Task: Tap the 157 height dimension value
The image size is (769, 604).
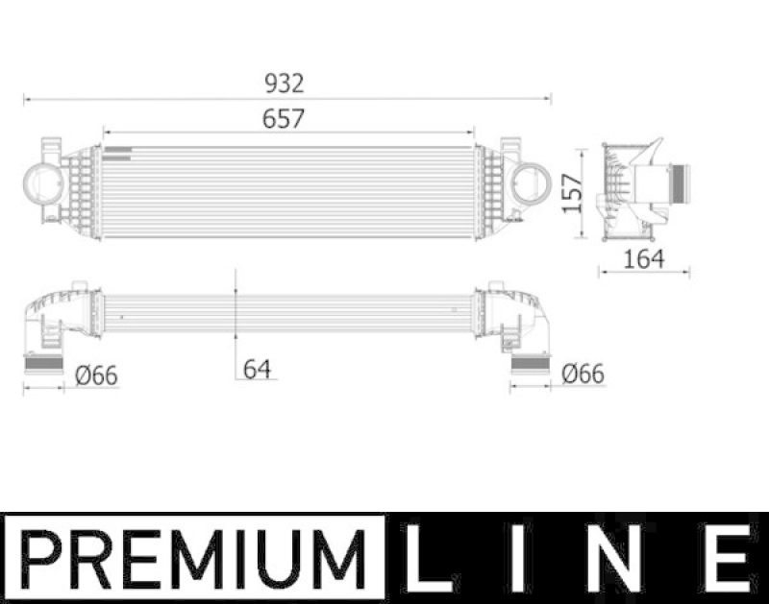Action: [x=574, y=194]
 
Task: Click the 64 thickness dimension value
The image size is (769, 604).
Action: [x=256, y=368]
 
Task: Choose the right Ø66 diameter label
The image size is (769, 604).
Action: [x=583, y=374]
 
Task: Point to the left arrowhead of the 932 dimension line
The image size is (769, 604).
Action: [x=28, y=98]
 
